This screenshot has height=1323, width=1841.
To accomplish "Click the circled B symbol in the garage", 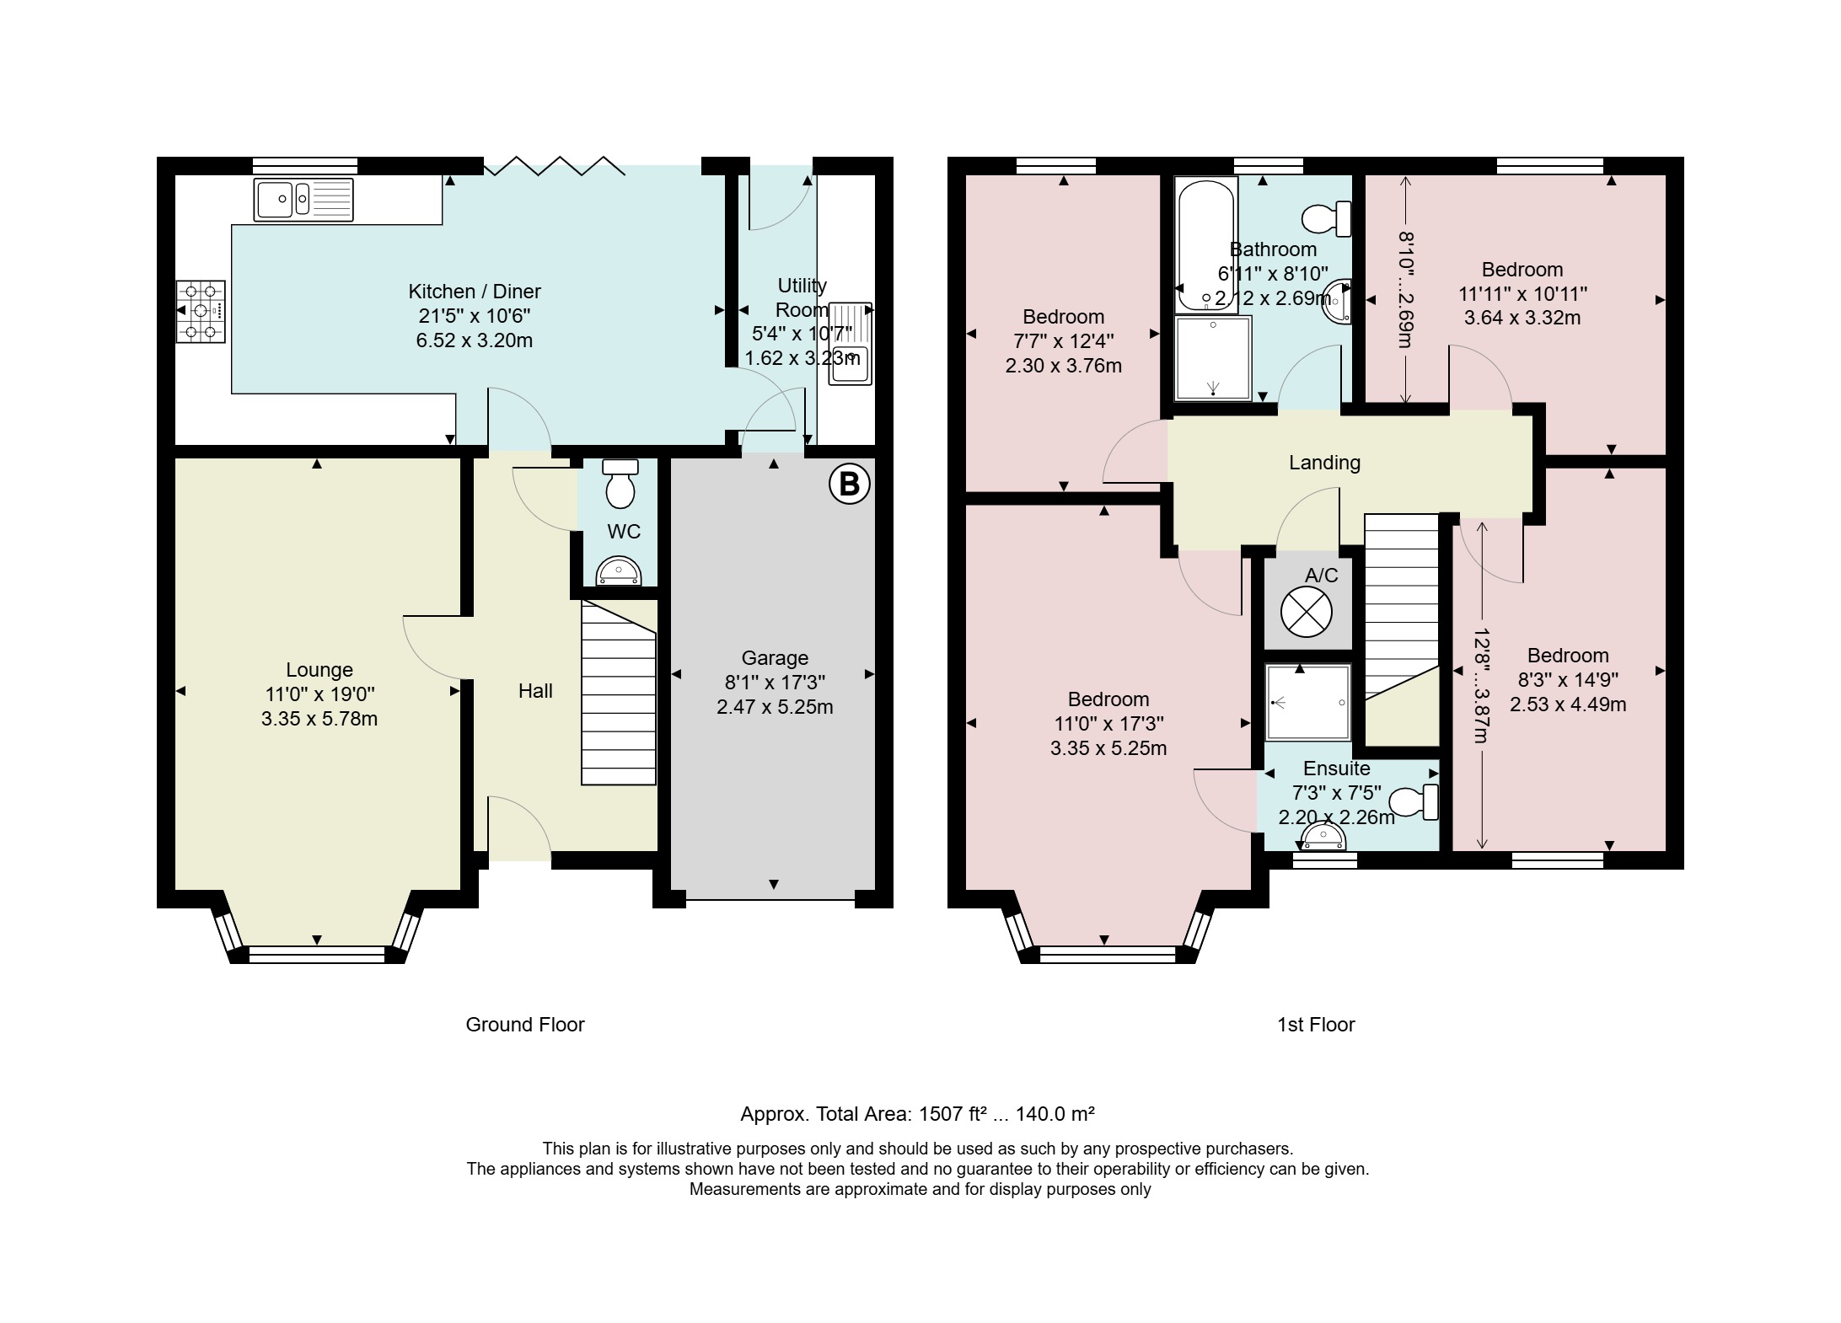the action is click(x=849, y=484).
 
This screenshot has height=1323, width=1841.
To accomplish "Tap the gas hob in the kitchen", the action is click(x=201, y=311).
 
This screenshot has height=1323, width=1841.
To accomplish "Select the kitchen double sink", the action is click(x=303, y=200).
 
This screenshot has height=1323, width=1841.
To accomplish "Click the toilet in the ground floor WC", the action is click(x=620, y=484).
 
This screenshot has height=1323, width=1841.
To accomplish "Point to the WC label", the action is click(x=624, y=532).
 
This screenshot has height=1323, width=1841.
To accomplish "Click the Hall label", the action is click(x=535, y=691).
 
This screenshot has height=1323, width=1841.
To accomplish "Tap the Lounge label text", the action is click(x=319, y=670).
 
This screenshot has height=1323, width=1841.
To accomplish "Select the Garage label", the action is click(x=775, y=658).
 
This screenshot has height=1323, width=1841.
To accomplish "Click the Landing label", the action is click(x=1324, y=463).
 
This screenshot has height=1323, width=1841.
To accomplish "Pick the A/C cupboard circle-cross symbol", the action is click(x=1307, y=612).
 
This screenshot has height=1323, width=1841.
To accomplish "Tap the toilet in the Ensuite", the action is click(x=1414, y=801).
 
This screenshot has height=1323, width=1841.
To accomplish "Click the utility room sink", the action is click(x=851, y=343).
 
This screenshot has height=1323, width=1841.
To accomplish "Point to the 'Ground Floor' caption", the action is click(x=525, y=1025).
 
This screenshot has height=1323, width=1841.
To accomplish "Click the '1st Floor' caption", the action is click(x=1316, y=1025).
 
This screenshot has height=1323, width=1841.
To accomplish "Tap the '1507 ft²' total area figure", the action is click(x=953, y=1114).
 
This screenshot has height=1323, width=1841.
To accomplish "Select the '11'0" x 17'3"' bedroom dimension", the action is click(x=1108, y=724).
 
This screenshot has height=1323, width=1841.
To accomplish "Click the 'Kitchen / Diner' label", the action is click(x=475, y=292).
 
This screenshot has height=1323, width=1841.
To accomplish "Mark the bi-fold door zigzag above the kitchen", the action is click(x=554, y=166).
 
